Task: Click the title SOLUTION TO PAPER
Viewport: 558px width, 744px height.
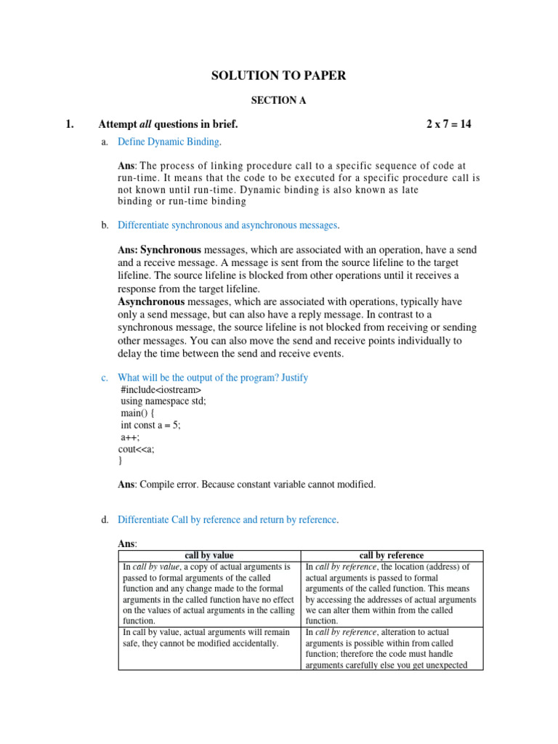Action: [278, 76]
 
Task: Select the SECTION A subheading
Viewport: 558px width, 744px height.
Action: [278, 101]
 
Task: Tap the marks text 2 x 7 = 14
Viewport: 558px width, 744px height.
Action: [449, 124]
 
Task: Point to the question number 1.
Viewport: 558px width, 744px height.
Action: [70, 124]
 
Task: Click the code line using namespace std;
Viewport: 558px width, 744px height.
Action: [163, 402]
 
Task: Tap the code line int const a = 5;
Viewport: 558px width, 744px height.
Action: [150, 425]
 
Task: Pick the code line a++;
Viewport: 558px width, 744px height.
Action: [129, 437]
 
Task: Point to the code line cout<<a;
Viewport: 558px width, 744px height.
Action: [137, 449]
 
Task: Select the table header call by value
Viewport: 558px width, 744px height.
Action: [209, 556]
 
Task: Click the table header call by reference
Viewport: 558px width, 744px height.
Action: [392, 556]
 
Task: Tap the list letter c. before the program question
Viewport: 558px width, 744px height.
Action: [105, 378]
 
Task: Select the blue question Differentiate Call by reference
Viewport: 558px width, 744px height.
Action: [227, 519]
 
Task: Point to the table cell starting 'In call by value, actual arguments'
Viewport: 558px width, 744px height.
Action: [206, 638]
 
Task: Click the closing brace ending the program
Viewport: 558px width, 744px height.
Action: [120, 461]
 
